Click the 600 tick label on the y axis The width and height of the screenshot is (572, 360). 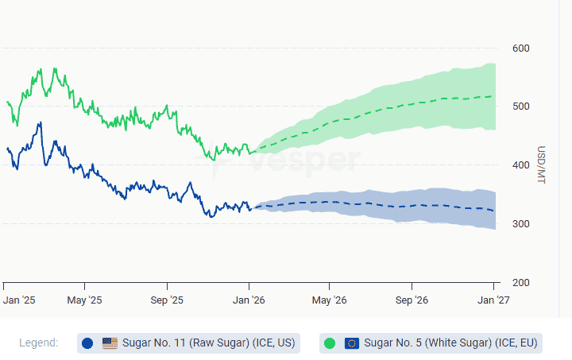pos(520,48)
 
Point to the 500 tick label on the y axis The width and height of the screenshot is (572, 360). pos(520,107)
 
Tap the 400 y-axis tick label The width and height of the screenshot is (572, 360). pos(520,165)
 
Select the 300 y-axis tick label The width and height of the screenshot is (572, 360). pos(520,224)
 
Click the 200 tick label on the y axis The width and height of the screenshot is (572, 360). pos(520,283)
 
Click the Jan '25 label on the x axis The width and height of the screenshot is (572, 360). pos(19,300)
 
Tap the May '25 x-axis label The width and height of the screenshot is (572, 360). pos(84,300)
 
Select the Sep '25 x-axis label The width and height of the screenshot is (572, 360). pos(167,300)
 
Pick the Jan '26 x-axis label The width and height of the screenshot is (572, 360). pos(249,300)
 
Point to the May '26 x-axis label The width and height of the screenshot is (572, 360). pos(330,300)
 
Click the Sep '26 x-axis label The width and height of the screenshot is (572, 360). pos(412,300)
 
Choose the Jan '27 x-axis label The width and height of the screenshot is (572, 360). pos(493,300)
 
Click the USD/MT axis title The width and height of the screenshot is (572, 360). pos(541,165)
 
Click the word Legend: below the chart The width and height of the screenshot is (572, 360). pos(39,343)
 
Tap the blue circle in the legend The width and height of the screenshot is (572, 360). pos(87,343)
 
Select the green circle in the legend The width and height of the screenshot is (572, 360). pos(330,343)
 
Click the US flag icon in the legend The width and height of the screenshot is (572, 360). pos(110,343)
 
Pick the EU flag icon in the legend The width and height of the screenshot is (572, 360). pos(352,343)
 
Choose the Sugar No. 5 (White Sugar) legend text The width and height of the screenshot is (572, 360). pos(451,343)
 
